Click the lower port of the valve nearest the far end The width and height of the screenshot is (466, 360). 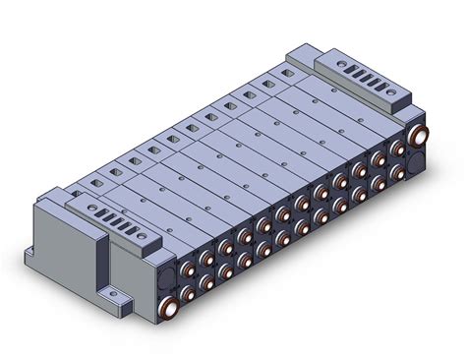pos(398,172)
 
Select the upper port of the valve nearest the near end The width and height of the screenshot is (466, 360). pos(208,259)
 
